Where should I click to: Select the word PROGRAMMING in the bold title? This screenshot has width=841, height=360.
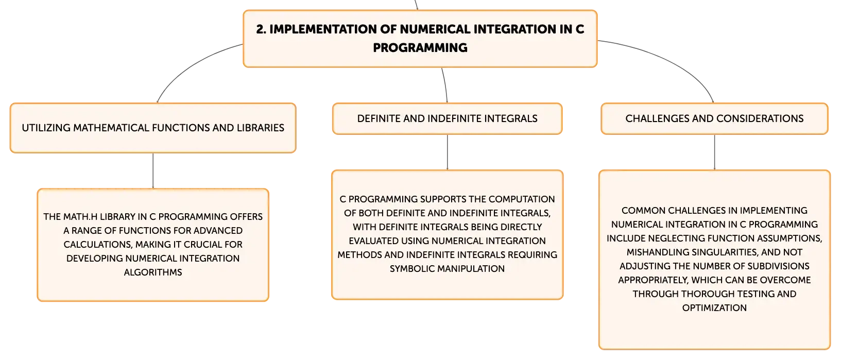point(420,48)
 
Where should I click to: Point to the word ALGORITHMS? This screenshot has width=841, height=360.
point(153,272)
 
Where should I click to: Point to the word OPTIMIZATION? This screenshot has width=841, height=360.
point(714,308)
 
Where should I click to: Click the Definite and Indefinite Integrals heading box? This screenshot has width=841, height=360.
point(447,118)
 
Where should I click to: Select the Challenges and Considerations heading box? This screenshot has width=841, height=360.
point(714,118)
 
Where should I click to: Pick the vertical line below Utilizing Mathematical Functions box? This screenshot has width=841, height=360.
point(153,171)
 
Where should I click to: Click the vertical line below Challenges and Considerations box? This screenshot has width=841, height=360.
point(714,152)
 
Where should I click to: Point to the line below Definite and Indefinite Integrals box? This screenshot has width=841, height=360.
point(447,152)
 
